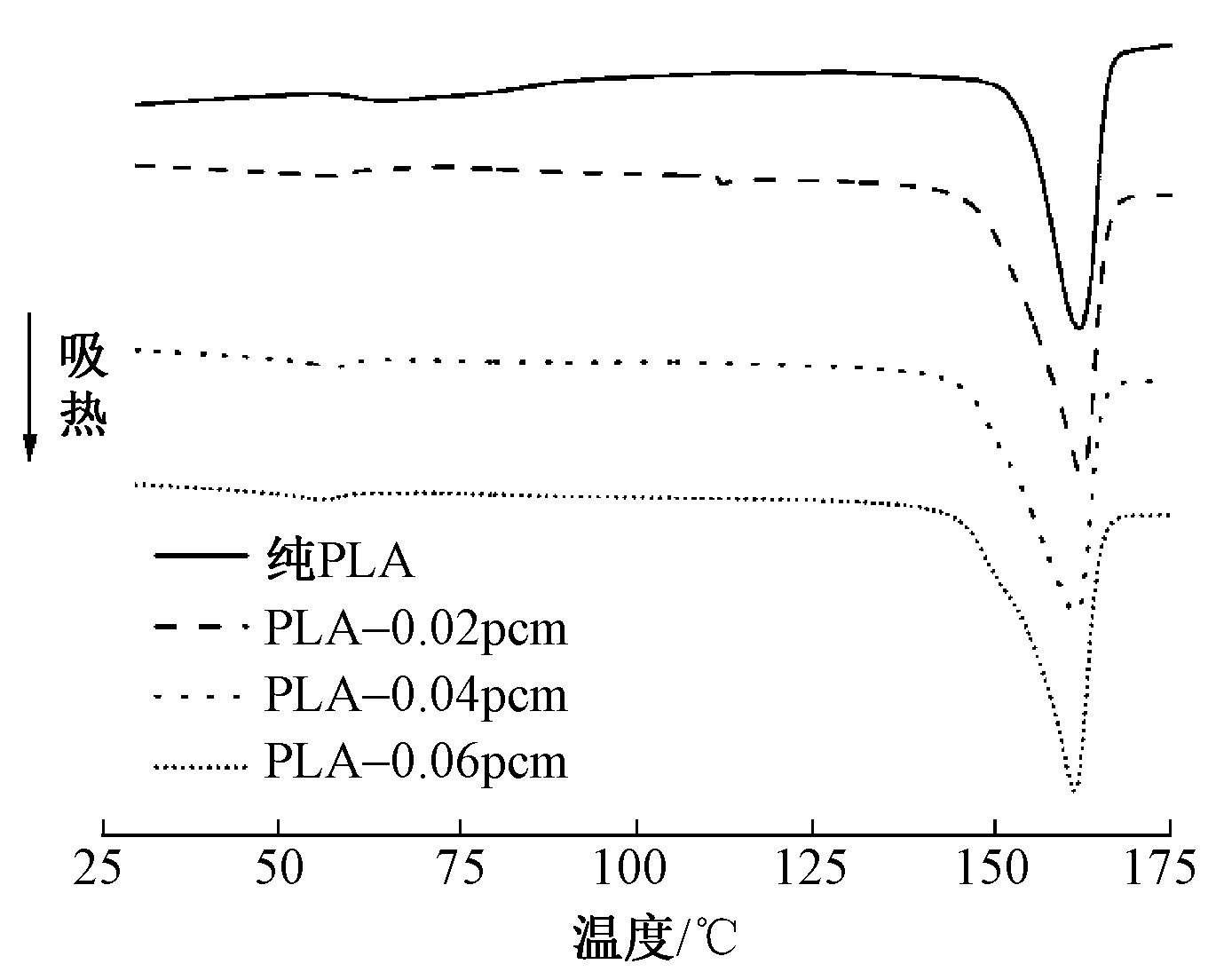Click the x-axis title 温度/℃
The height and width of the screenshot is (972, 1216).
655,936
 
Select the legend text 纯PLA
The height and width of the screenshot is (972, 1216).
340,561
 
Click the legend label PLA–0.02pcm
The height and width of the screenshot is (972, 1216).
415,628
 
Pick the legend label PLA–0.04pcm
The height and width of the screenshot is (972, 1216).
415,695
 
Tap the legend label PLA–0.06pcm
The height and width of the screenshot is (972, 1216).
415,762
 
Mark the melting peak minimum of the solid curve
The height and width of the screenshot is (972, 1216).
1078,328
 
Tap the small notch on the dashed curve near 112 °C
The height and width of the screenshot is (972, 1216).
724,182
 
